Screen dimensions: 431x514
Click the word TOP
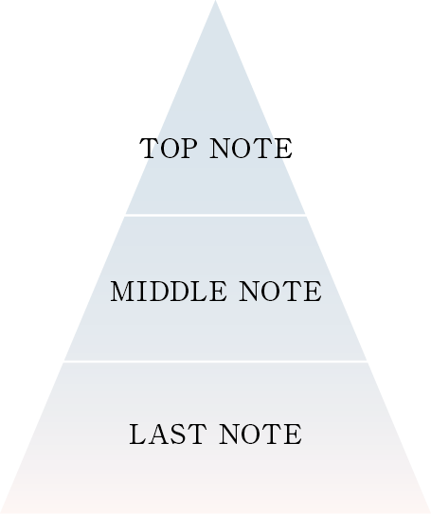[169, 149]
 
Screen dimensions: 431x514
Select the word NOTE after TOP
[251, 149]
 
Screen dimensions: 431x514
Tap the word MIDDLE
[169, 292]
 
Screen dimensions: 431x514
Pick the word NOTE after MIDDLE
[280, 292]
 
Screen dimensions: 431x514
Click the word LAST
[168, 434]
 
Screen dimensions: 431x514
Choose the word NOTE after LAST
[260, 434]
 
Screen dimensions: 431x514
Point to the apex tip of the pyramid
[216, 1]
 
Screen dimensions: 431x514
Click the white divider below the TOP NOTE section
[216, 215]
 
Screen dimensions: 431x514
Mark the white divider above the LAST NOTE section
[216, 362]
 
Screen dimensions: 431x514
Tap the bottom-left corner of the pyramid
[1, 513]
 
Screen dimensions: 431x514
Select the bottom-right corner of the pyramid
[430, 513]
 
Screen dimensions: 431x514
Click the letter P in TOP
[189, 149]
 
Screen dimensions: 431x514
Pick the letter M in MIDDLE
[123, 292]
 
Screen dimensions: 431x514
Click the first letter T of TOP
[150, 149]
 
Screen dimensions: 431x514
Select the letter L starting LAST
[138, 434]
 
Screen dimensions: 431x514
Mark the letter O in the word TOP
[170, 149]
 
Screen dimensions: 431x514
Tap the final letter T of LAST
[197, 434]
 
